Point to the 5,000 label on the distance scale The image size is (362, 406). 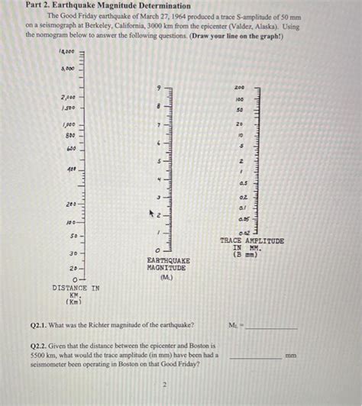pos(67,68)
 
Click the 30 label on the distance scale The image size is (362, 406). pos(73,253)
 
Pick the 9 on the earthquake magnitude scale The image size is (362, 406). pos(159,89)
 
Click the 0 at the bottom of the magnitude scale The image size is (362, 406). pos(157,250)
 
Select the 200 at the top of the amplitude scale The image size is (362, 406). pos(240,88)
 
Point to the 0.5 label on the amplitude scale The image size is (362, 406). pos(241,184)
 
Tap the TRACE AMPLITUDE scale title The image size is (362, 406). pos(251,240)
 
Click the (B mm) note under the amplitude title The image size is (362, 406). pos(247,254)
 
